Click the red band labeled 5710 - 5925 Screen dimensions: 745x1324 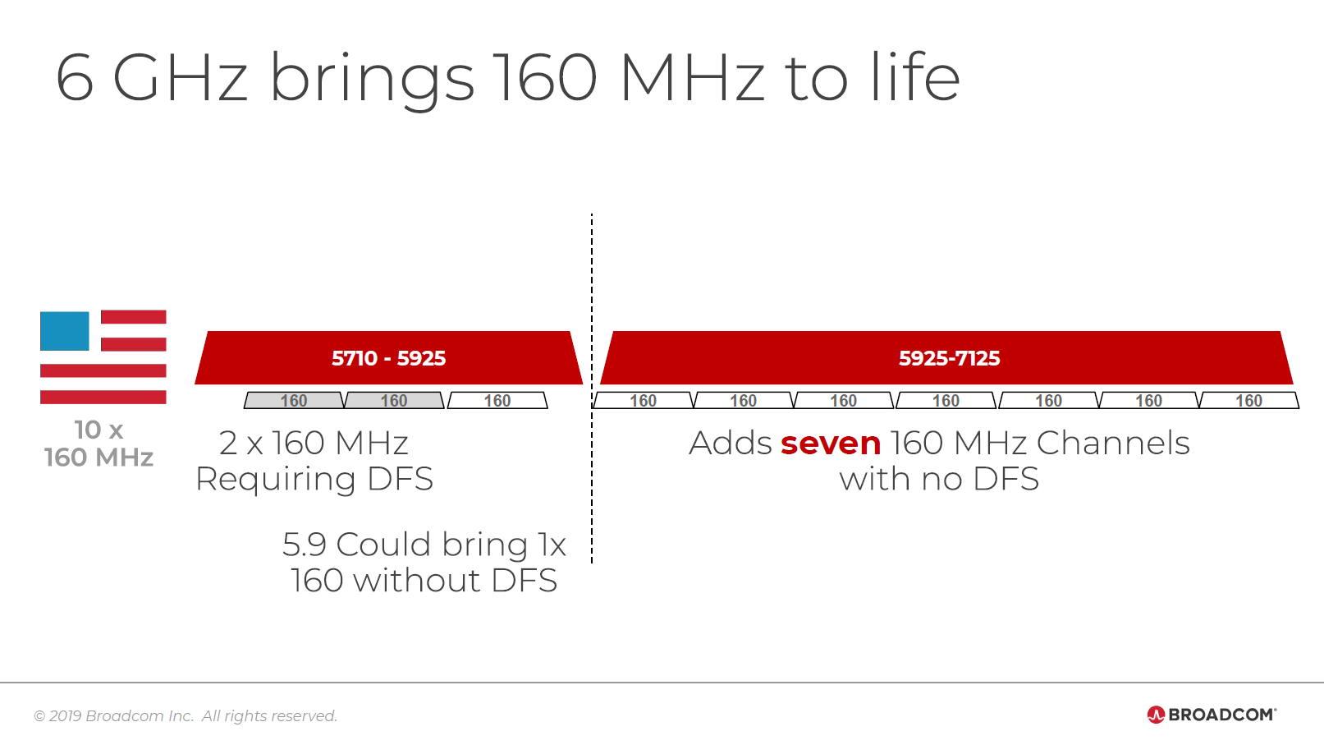pos(388,358)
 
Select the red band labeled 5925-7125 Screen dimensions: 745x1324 pos(948,358)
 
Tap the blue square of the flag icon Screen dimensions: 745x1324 pos(65,331)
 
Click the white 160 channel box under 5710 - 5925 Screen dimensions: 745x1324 pos(497,401)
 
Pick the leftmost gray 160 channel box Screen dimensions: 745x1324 pos(294,401)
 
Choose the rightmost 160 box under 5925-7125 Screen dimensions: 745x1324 pos(1248,401)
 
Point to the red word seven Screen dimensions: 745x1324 pos(831,444)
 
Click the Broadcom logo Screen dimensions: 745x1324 pos(1212,715)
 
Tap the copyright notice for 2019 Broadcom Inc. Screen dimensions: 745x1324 pos(186,716)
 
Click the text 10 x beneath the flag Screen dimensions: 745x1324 pos(98,430)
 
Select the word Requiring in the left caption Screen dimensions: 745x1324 pos(276,480)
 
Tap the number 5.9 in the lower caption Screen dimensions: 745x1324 pos(305,545)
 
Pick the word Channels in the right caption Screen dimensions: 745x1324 pos(1113,444)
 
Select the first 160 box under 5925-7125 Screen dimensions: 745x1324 pos(643,401)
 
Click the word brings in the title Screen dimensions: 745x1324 pos(372,79)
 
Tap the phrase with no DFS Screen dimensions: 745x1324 pos(939,480)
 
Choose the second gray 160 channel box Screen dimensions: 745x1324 pos(394,401)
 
